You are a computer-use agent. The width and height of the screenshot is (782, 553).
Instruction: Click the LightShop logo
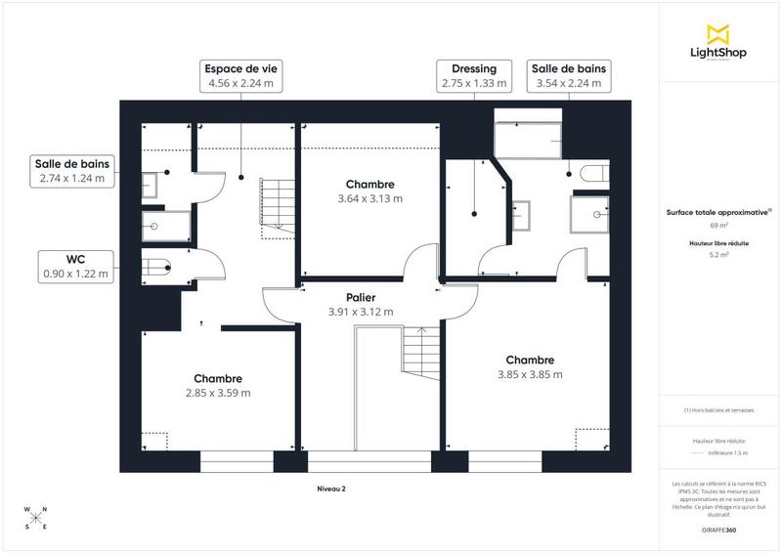coord(718,42)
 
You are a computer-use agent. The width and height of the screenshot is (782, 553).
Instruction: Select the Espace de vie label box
coord(240,76)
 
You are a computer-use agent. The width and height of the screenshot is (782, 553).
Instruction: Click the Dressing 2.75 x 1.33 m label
coord(474,76)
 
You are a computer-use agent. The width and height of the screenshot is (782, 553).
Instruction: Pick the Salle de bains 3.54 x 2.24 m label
coord(569,76)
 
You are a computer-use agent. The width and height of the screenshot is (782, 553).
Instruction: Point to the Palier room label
coord(360,304)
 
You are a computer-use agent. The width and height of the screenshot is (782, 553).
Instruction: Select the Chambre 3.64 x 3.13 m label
coord(369,191)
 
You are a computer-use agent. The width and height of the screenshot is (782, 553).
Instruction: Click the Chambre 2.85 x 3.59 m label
coord(217,385)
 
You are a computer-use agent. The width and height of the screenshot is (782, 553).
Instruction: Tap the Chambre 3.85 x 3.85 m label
coord(530,366)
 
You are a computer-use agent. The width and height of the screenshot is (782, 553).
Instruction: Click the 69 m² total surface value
coord(718,224)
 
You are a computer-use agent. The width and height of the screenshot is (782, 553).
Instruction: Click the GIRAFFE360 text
coord(718,529)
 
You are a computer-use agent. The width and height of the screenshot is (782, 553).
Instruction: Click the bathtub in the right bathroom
coord(527,140)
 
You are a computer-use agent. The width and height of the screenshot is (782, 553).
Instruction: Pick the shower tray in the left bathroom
coord(156,226)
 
